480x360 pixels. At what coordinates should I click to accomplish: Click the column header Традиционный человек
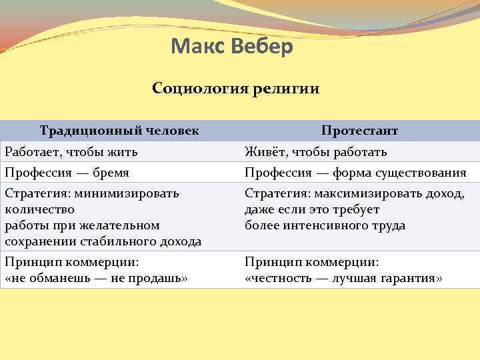[119, 131]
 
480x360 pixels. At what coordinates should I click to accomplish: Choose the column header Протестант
[359, 131]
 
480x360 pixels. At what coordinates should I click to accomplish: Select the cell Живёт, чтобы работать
[315, 151]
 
